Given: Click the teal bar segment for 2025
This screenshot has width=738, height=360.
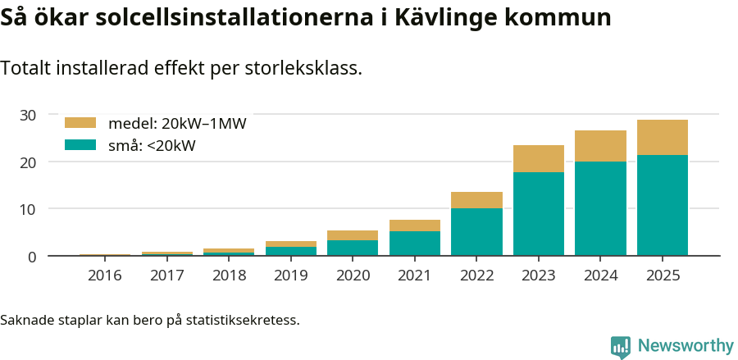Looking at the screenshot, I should coord(663,205).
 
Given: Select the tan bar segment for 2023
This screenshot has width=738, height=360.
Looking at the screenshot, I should coord(539,158).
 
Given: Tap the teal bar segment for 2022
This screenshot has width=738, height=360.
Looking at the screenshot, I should coord(476,232).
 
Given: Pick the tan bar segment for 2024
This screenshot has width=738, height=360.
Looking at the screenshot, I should coord(600,146).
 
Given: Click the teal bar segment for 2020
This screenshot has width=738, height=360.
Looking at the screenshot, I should coord(353,248).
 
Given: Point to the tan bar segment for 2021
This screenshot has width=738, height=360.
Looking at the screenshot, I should coord(415,226).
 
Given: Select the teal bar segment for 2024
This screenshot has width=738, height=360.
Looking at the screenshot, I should coord(600,208).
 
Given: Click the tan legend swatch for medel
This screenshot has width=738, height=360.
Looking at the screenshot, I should coord(80,123).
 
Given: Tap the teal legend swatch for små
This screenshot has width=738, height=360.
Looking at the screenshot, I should coord(80,145).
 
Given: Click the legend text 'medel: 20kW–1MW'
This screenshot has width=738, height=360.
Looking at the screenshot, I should coord(177,124).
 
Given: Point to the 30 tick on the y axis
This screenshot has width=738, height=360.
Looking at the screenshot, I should coord(28,115).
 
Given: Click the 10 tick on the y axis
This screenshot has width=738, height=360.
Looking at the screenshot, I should coord(28,209).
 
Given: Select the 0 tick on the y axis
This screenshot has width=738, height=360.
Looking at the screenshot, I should coord(32,257).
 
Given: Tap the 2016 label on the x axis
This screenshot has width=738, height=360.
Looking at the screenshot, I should coord(105,276).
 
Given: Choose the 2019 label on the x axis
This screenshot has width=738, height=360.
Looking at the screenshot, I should coord(291,276).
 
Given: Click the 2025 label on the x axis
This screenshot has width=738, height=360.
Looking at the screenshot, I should coord(663,276).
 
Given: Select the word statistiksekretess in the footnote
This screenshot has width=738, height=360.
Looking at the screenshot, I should coord(242,319).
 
